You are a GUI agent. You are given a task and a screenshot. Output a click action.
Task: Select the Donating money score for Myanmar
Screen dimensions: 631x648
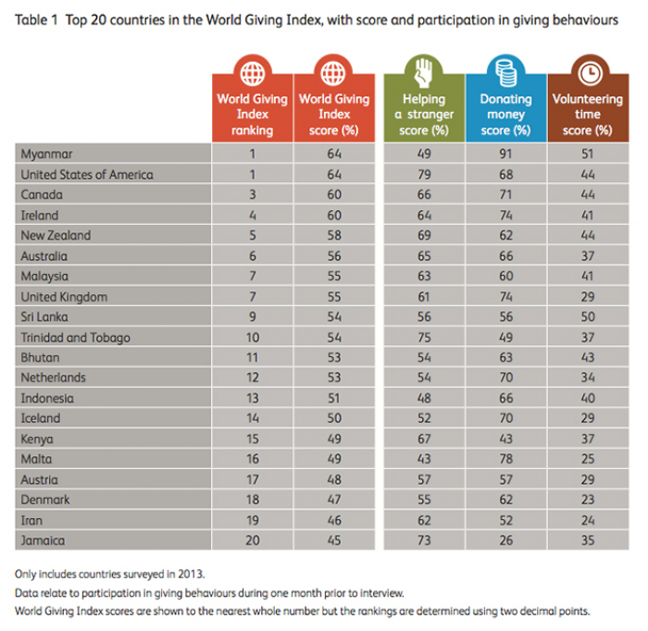tap(506, 154)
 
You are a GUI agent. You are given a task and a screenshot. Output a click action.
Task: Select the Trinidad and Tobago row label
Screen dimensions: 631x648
tap(75, 337)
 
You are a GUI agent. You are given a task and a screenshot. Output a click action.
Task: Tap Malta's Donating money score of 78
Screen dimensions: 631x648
tap(506, 459)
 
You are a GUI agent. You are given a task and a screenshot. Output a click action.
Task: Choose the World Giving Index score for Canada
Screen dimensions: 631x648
tap(334, 194)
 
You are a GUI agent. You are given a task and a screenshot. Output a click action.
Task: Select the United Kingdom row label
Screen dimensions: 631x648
tap(64, 296)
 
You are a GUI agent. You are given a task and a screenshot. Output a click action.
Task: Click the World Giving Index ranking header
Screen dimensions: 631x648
tap(252, 115)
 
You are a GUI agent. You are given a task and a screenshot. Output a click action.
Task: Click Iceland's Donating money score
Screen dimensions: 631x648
tap(506, 418)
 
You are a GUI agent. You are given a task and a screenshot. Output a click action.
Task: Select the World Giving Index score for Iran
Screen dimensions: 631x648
tap(334, 520)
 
